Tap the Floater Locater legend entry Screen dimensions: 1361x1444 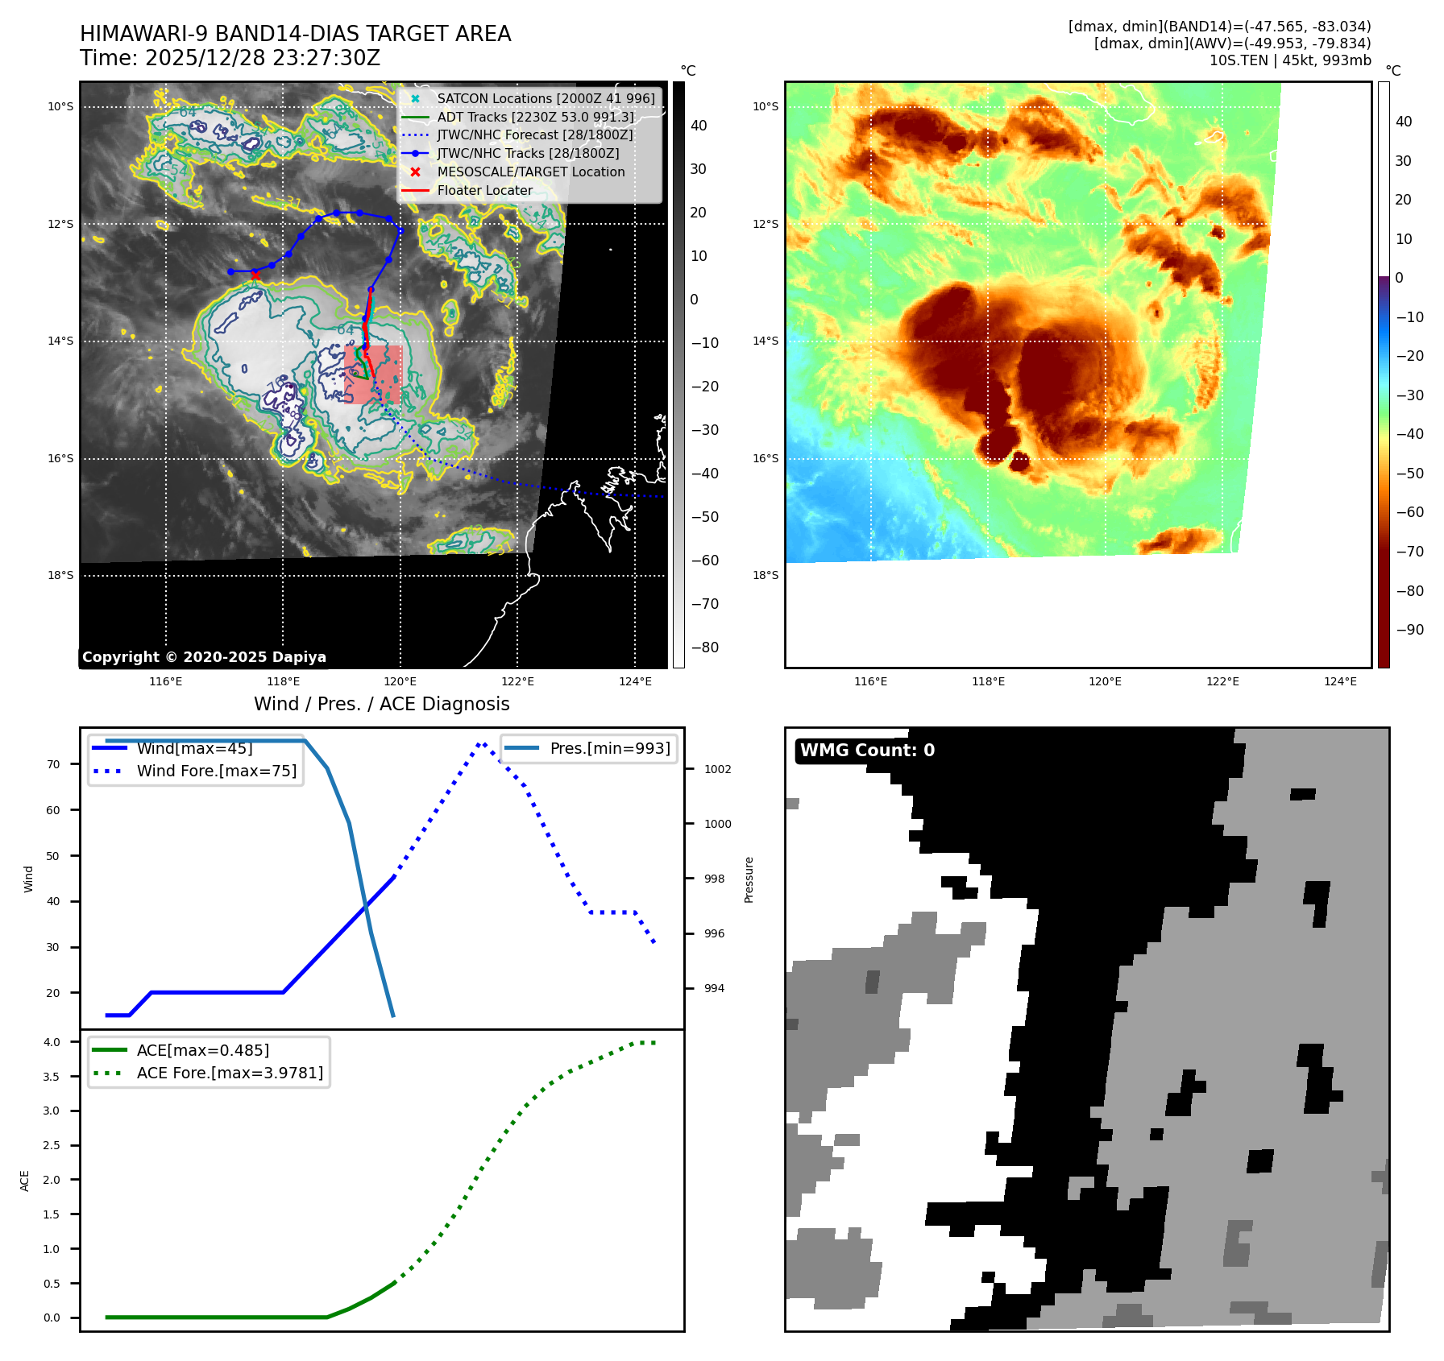(x=484, y=190)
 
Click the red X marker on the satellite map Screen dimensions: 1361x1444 (x=255, y=275)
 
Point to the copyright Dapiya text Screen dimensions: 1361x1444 (x=204, y=657)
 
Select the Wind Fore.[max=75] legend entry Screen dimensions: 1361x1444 (x=216, y=771)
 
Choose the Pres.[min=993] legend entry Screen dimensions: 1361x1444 (x=609, y=748)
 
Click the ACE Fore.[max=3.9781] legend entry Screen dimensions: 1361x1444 (x=230, y=1073)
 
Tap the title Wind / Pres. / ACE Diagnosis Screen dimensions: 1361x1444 (x=381, y=704)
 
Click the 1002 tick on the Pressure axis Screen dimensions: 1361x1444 (x=717, y=769)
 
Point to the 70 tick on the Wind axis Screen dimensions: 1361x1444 (x=53, y=764)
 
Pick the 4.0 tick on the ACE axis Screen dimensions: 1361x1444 (x=52, y=1042)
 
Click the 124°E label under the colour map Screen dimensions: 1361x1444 (x=1340, y=681)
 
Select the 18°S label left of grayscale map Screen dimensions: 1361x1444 (x=60, y=575)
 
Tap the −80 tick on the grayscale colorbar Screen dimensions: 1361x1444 (x=704, y=647)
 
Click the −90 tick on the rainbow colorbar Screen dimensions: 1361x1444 (x=1409, y=630)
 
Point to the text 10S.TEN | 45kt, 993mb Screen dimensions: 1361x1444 (x=1289, y=60)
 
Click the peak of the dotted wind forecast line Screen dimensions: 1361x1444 (x=480, y=744)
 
